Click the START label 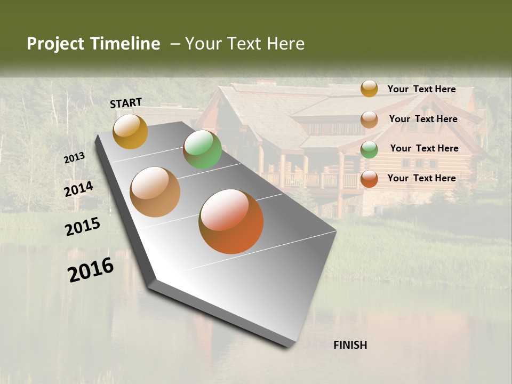(126, 103)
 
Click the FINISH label (350, 345)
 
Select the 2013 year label (74, 157)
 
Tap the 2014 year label (78, 189)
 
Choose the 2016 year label (91, 269)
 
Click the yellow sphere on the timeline (130, 131)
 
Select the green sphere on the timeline (202, 149)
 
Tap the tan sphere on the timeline (155, 192)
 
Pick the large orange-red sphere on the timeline (231, 221)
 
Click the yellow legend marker (369, 89)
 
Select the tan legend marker (369, 119)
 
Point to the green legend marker (369, 149)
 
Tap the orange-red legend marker (369, 179)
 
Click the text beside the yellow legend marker (421, 89)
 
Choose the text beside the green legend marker (424, 148)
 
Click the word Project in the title (55, 44)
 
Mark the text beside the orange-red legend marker (421, 178)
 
